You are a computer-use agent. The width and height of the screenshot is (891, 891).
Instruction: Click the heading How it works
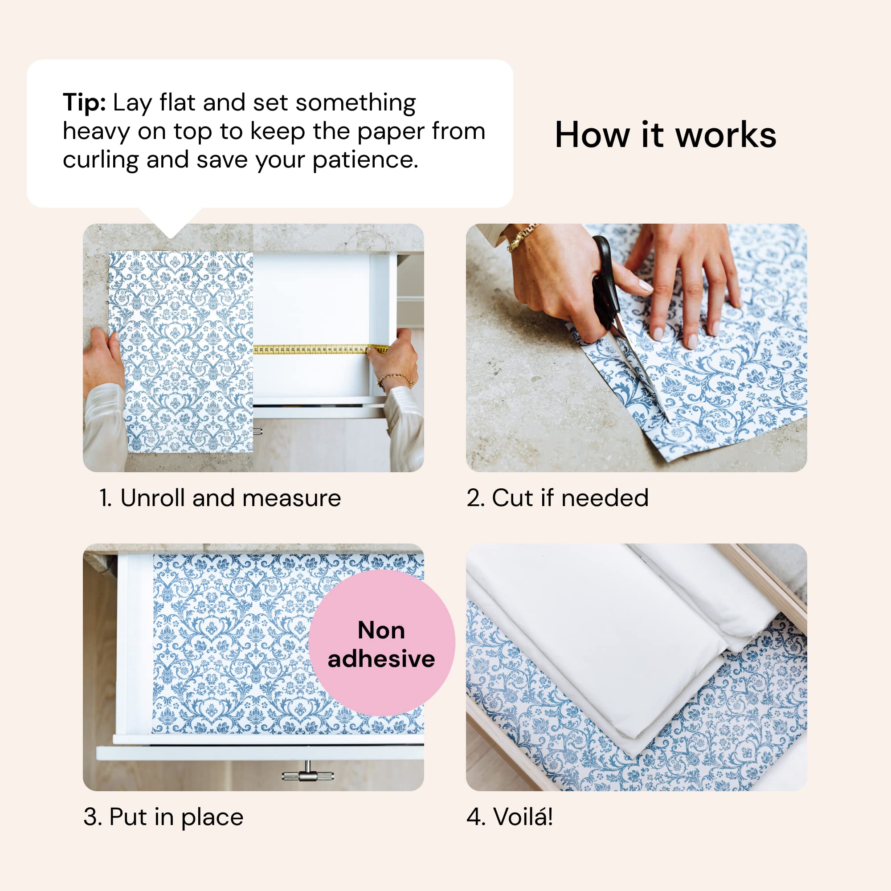(665, 135)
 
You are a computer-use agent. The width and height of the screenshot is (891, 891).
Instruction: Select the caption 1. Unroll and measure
(220, 498)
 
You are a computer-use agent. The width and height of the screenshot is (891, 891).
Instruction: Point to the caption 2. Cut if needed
(557, 498)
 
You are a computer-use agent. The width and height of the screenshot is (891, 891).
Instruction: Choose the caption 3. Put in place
(163, 817)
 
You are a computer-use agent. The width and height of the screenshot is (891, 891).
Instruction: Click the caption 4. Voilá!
(509, 817)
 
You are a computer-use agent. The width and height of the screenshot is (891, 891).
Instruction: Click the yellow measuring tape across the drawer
(318, 350)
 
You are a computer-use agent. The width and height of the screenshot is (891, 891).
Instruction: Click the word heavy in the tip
(96, 132)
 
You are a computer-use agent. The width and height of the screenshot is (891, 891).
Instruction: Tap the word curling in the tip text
(100, 160)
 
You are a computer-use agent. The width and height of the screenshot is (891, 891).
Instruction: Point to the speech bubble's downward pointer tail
(171, 221)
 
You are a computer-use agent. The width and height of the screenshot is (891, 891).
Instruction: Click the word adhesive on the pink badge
(381, 658)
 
